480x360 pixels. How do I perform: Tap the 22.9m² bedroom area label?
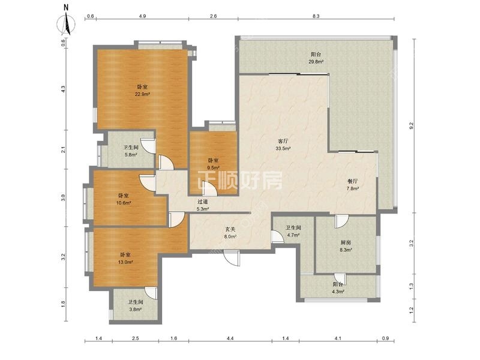click(142, 91)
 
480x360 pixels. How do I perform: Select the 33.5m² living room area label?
click(283, 145)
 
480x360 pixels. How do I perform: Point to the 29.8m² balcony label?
click(316, 58)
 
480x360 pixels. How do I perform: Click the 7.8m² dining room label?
click(352, 185)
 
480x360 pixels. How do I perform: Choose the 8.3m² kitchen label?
click(346, 246)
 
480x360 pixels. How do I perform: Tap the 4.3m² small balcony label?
click(338, 288)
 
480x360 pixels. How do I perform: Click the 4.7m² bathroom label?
click(293, 232)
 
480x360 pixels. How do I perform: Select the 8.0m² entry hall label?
click(230, 233)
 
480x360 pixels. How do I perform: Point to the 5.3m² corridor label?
click(203, 205)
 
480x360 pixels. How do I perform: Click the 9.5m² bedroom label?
click(214, 164)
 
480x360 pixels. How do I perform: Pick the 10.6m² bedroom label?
click(124, 199)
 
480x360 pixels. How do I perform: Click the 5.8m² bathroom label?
click(131, 151)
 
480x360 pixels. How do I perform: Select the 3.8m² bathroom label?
click(135, 305)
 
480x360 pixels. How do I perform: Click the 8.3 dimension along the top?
click(316, 16)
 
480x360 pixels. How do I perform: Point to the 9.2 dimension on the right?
click(411, 125)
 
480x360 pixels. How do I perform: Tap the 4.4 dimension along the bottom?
click(230, 338)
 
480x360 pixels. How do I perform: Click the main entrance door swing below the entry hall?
click(232, 259)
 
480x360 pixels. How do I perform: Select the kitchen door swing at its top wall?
click(341, 221)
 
